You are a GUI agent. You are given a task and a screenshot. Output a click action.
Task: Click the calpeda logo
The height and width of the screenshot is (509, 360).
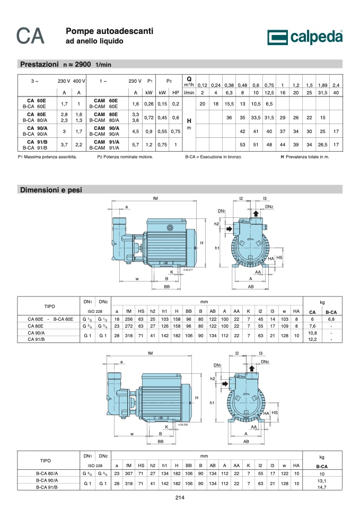click(x=305, y=37)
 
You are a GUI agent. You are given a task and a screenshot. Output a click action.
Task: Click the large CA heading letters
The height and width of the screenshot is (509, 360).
click(x=30, y=36)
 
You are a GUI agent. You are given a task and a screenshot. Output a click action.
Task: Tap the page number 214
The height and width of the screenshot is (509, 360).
click(x=180, y=497)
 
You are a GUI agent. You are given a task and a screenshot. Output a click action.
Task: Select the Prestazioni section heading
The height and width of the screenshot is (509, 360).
click(x=40, y=64)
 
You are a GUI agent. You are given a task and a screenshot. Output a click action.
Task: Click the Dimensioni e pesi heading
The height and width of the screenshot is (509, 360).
click(x=51, y=190)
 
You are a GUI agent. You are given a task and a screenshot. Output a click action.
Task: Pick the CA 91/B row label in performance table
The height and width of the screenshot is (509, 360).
click(x=37, y=142)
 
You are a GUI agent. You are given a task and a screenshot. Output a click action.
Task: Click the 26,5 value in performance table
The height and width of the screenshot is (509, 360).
click(x=322, y=145)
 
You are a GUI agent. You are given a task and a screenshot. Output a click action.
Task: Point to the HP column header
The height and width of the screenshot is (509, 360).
click(x=175, y=92)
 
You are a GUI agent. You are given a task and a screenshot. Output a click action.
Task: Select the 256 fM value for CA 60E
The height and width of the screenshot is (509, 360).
click(x=129, y=319)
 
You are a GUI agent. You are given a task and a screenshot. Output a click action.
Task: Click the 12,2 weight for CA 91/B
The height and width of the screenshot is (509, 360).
click(x=312, y=339)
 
